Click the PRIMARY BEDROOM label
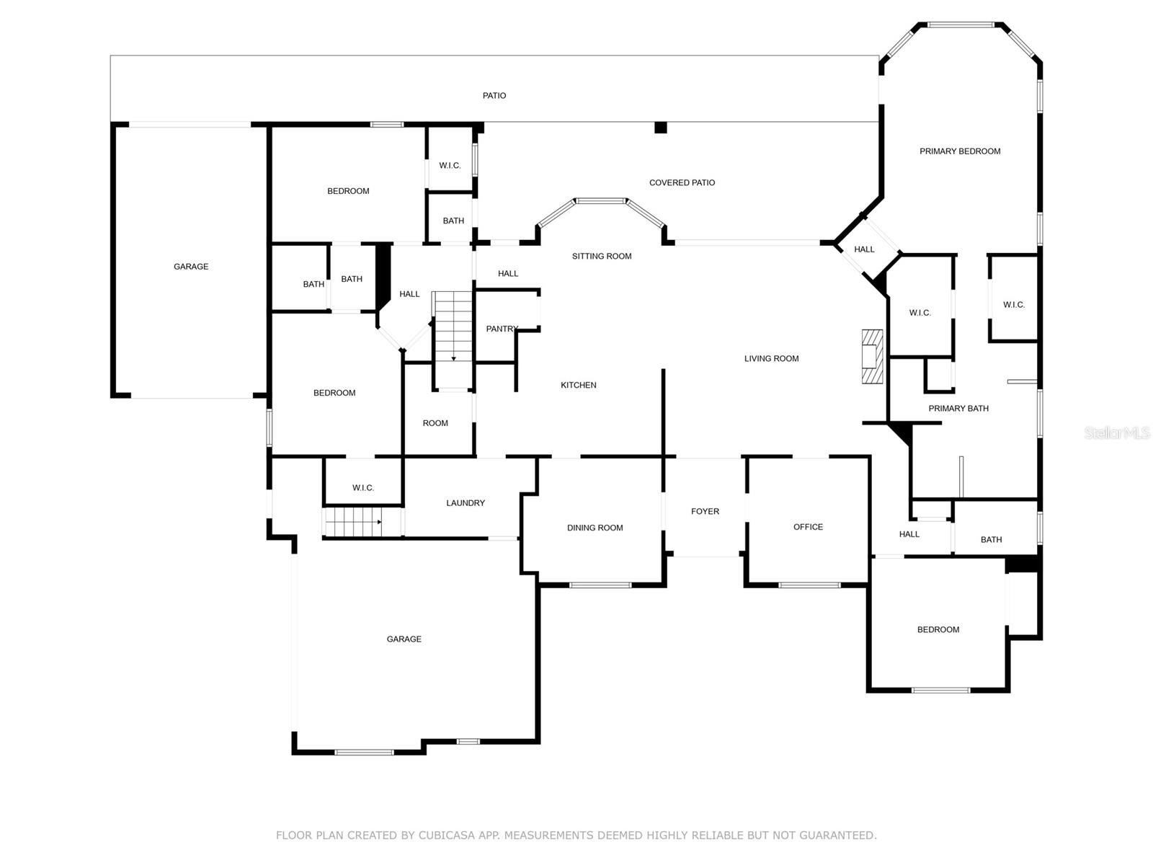(960, 151)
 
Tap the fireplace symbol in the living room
(873, 356)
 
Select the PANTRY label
(502, 329)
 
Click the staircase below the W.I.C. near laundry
(352, 522)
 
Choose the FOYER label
(705, 511)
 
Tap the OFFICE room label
(808, 527)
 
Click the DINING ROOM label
(595, 528)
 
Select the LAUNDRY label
(466, 503)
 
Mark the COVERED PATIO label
(682, 182)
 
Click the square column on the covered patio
(660, 128)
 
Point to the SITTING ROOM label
(602, 256)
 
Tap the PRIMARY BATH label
(958, 408)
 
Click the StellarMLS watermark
(1117, 432)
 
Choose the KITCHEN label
(578, 385)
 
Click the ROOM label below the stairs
(435, 423)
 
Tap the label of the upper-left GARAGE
(191, 267)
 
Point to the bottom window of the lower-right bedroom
(940, 690)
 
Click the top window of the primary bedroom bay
(961, 25)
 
